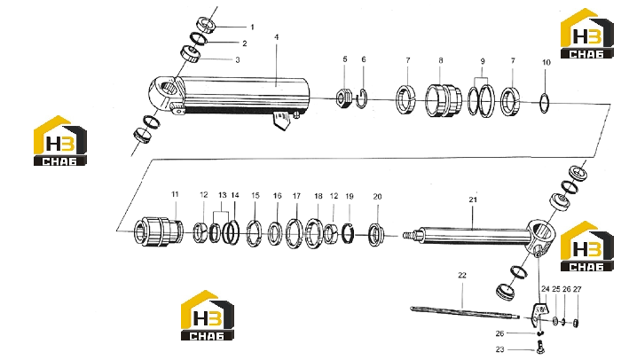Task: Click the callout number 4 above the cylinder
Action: (277, 37)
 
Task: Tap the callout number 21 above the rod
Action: (473, 200)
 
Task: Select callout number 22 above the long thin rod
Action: (462, 275)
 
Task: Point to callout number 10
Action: (546, 63)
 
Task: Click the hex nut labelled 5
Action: (344, 98)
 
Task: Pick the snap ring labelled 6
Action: (361, 99)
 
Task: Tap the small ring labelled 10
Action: (545, 103)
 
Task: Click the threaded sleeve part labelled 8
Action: (444, 100)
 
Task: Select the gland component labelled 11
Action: (159, 231)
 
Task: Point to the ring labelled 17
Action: (295, 234)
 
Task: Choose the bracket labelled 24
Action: (538, 312)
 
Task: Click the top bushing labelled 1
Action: (206, 25)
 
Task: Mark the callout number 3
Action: (238, 60)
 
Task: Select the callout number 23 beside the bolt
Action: (499, 349)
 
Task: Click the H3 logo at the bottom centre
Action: (208, 316)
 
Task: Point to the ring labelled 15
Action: (254, 233)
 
